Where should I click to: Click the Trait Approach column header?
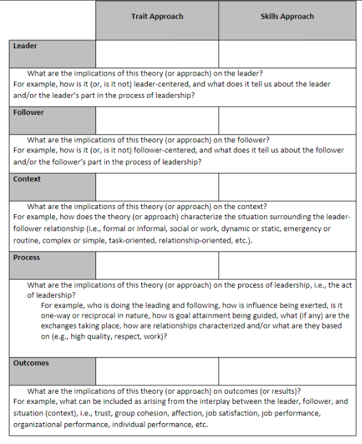point(157,17)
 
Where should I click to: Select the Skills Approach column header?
point(287,17)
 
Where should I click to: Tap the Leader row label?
point(25,46)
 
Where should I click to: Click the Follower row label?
point(29,113)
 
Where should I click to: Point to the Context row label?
point(27,179)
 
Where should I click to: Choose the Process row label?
point(27,258)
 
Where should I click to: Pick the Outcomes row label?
point(31,363)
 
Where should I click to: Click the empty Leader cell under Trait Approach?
point(157,53)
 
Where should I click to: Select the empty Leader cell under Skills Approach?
point(287,53)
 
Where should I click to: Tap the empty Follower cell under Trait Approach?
point(157,120)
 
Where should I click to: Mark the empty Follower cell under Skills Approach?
point(287,120)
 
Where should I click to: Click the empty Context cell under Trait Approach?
point(157,186)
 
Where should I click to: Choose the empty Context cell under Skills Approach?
point(287,186)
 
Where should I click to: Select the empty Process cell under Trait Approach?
point(157,265)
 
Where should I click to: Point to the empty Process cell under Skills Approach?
point(287,265)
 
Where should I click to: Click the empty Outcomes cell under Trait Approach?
point(157,371)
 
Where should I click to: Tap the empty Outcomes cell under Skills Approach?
point(287,371)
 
